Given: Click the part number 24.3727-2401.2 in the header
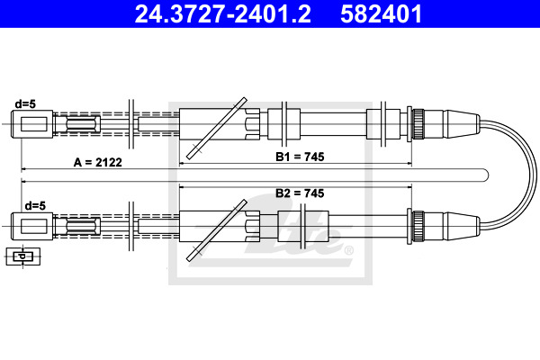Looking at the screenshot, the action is click(223, 14).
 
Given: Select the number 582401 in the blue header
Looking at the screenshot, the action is click(382, 14).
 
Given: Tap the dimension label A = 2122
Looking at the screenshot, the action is click(98, 162).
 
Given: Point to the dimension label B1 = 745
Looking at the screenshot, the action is click(300, 157).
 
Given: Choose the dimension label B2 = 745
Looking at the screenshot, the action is click(300, 193).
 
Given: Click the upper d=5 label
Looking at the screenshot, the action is click(25, 103).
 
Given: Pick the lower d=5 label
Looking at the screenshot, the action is click(35, 206).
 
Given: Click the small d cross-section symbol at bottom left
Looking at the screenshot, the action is click(23, 256).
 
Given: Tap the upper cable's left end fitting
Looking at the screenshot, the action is click(32, 124).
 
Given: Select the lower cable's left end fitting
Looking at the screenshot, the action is click(32, 226).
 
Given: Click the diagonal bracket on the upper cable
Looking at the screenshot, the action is click(217, 128).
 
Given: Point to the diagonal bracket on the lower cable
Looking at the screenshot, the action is click(217, 230).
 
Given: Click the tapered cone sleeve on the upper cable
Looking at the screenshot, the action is click(462, 124).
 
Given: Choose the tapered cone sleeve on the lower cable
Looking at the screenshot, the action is click(462, 226).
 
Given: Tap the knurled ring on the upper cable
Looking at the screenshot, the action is click(418, 124).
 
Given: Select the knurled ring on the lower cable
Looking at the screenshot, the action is click(418, 226).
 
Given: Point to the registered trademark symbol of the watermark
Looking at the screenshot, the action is click(349, 250).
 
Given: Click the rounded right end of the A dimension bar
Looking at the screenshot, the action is click(488, 175).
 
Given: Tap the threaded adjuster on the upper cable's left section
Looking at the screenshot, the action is click(83, 124).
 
